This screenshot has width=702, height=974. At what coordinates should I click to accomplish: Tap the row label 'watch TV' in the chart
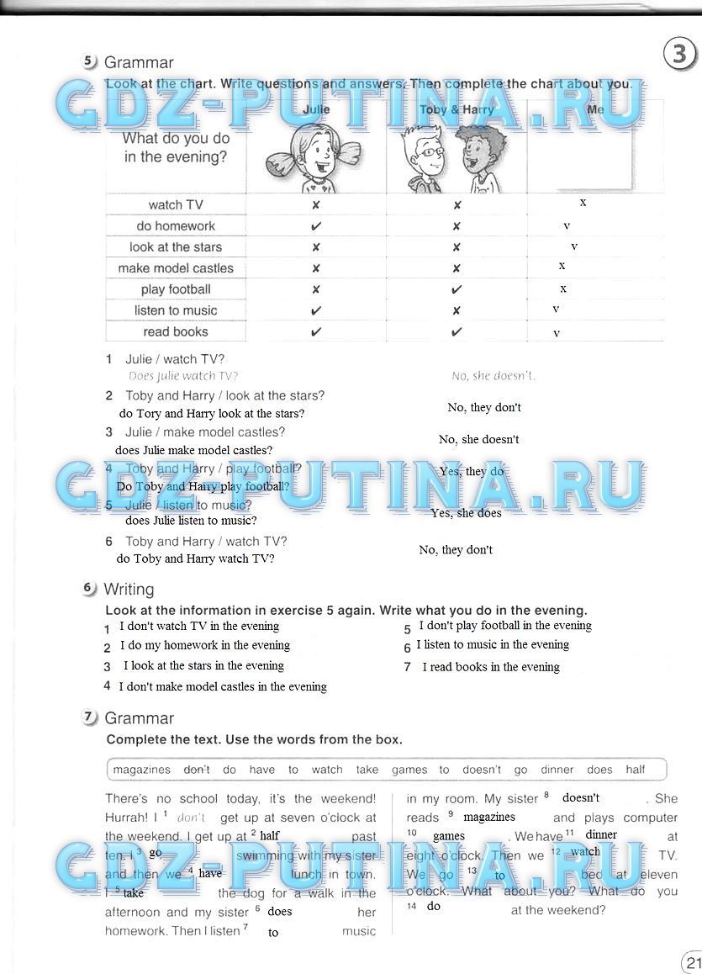coord(176,205)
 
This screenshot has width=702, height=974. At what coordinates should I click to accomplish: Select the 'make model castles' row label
coord(176,268)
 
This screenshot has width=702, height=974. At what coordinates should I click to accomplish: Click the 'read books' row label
coord(176,331)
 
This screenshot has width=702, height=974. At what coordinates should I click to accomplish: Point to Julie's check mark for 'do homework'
coord(316,226)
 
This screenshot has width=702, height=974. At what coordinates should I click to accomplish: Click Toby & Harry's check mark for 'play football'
coord(457,289)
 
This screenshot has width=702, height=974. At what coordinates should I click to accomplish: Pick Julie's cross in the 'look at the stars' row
coord(316,247)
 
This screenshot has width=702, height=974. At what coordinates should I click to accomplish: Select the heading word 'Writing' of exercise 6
coord(129,589)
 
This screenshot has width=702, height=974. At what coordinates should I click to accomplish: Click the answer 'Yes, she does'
coord(466,513)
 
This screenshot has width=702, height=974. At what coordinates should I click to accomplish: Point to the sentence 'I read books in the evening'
coord(491,667)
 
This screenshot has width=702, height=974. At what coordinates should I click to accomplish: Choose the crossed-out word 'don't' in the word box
coord(197,769)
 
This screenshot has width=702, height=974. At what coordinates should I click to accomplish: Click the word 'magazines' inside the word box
coord(142,769)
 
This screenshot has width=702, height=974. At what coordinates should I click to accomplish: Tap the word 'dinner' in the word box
coord(557,769)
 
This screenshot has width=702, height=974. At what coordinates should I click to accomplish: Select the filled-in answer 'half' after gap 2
coord(269,835)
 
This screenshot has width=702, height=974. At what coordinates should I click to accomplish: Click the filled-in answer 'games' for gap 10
coord(449,836)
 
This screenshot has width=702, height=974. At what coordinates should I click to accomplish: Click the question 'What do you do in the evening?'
coord(176,147)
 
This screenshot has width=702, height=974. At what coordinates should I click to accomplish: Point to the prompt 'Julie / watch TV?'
coord(175,359)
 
